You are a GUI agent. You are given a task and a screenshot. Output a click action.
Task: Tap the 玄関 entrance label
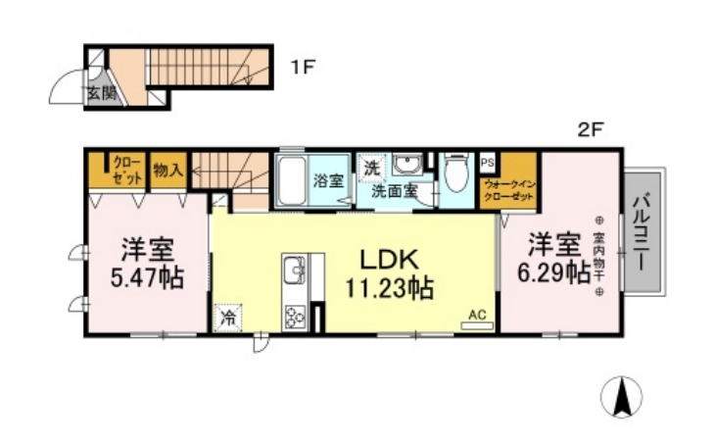click(101, 94)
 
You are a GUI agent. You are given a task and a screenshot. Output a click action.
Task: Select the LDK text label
click(389, 260)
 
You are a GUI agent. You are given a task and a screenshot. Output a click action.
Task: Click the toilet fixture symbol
click(453, 177)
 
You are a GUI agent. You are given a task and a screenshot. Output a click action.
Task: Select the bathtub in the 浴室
click(292, 181)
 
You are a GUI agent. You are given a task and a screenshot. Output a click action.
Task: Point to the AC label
click(477, 315)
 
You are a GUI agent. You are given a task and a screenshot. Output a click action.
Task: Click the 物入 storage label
click(168, 170)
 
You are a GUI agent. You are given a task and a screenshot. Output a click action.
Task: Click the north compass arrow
click(623, 397)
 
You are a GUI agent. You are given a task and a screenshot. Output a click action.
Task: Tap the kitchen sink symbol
click(294, 268)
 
